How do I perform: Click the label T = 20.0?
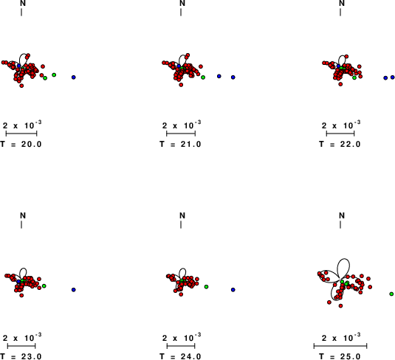21,145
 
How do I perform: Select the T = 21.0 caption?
180,145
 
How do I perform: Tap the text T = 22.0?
340,145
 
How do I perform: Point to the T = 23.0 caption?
21,356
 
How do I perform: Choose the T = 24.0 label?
180,356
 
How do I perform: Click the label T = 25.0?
340,356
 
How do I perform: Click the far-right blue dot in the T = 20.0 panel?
74,77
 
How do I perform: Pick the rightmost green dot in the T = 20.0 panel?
54,75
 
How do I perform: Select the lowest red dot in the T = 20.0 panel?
21,86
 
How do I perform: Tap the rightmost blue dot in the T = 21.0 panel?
233,77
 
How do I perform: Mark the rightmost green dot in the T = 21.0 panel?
203,77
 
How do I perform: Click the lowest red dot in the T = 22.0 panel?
340,84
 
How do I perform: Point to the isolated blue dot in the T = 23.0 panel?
74,290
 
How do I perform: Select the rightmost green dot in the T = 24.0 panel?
206,287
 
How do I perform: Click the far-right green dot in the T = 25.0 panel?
391,294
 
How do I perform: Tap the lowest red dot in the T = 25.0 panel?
341,306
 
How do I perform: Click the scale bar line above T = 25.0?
340,346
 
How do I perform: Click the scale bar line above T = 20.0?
21,134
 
